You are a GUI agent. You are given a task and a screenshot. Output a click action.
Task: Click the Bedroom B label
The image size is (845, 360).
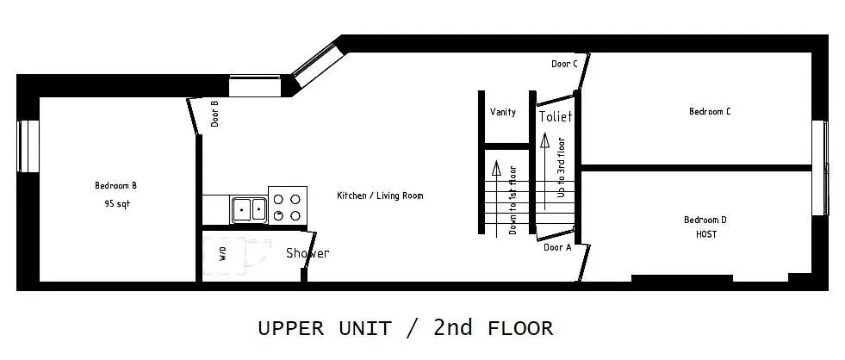coord(116,185)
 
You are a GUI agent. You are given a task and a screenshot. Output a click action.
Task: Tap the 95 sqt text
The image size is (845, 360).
coord(117,204)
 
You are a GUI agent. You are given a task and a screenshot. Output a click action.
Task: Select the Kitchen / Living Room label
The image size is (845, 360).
coord(380,196)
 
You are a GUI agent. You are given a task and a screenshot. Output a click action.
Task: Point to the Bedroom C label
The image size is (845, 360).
coord(710,112)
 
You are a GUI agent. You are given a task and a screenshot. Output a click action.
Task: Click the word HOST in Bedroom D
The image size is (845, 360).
coord(706,235)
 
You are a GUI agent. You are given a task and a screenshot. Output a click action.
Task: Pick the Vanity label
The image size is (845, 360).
coord(503,112)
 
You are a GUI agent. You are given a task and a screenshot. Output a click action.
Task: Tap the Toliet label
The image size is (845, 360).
coord(556,116)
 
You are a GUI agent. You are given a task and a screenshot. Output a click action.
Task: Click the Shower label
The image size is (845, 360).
coord(308,252)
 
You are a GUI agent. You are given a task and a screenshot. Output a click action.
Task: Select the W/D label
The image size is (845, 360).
coord(223,254)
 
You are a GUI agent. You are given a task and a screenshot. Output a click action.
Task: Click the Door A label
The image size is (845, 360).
coord(557,247)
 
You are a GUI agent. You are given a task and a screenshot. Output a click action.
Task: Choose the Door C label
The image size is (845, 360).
coord(564,64)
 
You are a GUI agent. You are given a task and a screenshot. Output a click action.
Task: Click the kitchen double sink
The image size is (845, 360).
coord(249,209)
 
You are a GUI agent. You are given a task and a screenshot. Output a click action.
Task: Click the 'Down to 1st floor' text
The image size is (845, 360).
coord(513,200)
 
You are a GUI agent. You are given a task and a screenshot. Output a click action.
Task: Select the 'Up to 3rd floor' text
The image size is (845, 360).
coord(561,167)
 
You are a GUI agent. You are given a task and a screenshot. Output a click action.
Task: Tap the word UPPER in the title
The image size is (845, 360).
coord(291,328)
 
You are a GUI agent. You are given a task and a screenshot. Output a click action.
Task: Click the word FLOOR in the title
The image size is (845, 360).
coord(520,328)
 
